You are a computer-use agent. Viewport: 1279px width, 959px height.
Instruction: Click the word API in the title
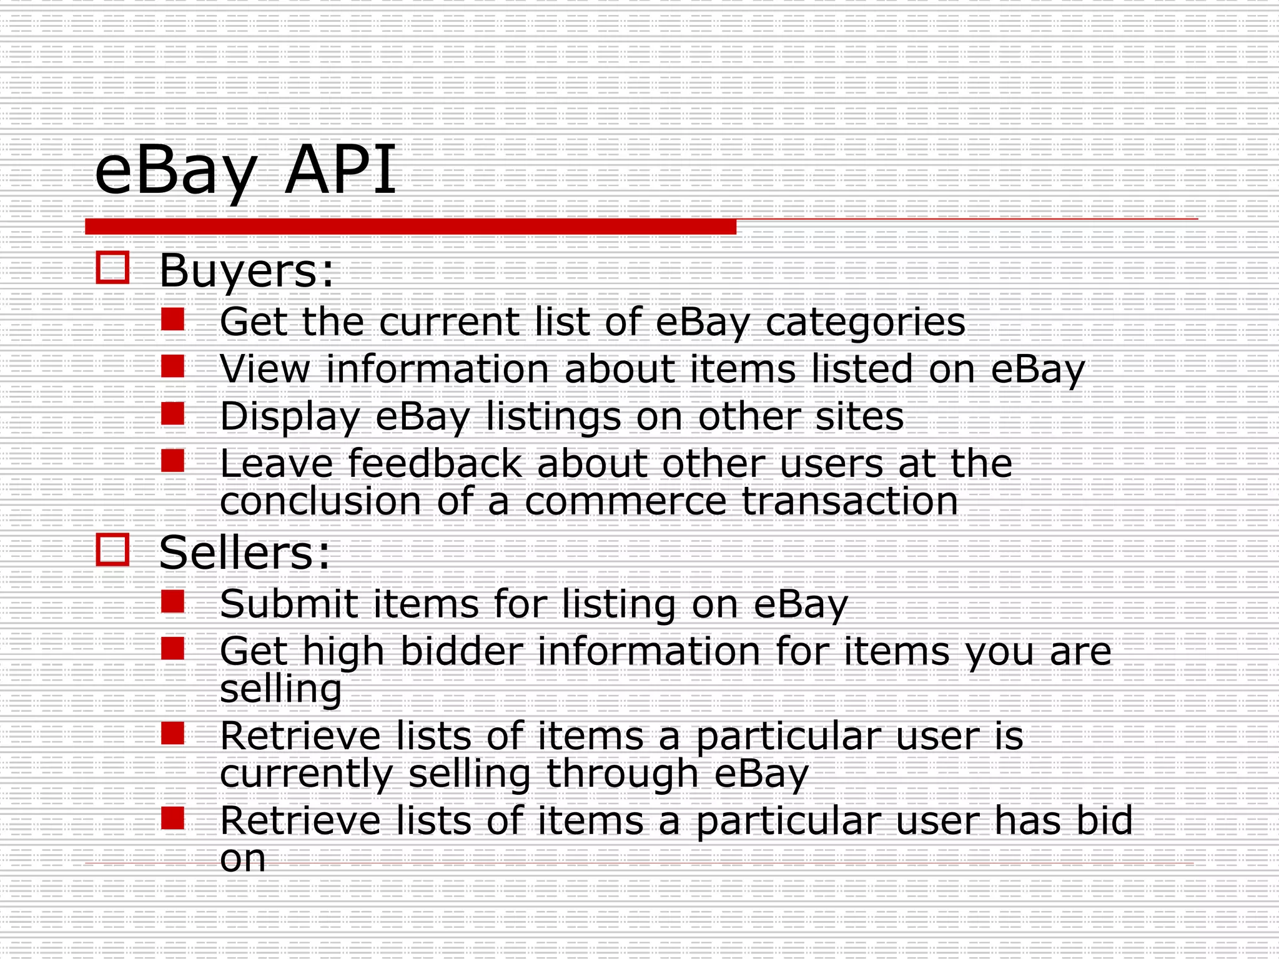pos(340,170)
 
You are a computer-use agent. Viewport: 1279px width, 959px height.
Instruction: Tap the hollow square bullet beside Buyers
pos(113,268)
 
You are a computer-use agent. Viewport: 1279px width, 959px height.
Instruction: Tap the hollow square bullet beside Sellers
pos(113,549)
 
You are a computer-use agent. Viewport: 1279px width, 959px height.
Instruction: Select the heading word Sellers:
pos(244,553)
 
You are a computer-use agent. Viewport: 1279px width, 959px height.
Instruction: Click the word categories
pos(865,323)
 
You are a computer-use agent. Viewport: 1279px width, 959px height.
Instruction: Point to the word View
pos(265,369)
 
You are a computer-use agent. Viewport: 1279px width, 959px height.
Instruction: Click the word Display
pos(290,417)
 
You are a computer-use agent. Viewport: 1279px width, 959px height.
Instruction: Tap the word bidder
pos(461,651)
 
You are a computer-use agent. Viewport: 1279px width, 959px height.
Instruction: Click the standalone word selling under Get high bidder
pos(280,689)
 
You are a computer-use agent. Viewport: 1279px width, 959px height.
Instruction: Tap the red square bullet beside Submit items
pos(172,602)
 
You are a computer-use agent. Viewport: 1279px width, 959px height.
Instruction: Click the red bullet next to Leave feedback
pos(172,461)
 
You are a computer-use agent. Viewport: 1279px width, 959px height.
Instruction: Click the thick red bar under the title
pos(410,227)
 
